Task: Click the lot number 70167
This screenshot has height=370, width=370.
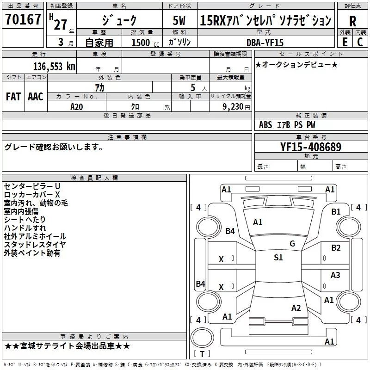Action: pos(23,20)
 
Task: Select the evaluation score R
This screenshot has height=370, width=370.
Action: pos(353,21)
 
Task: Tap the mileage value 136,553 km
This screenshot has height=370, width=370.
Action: pos(54,67)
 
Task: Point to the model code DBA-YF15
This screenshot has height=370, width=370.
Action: pos(265,42)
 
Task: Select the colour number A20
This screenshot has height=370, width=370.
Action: pos(77,106)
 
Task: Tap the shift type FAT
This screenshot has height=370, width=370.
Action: pos(13,96)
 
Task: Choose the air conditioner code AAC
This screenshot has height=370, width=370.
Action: pos(35,96)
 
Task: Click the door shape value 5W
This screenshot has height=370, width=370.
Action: pos(179,20)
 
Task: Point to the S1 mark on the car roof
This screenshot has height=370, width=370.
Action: pos(278,258)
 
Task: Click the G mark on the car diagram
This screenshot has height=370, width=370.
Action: pos(292,244)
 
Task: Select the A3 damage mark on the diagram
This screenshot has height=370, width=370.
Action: pos(335,275)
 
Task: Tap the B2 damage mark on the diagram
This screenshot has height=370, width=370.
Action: pos(336,248)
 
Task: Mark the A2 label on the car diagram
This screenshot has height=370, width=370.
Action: pos(296,308)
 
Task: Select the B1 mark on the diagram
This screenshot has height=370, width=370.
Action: pos(336,212)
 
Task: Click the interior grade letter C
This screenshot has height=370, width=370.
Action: pos(359,42)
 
